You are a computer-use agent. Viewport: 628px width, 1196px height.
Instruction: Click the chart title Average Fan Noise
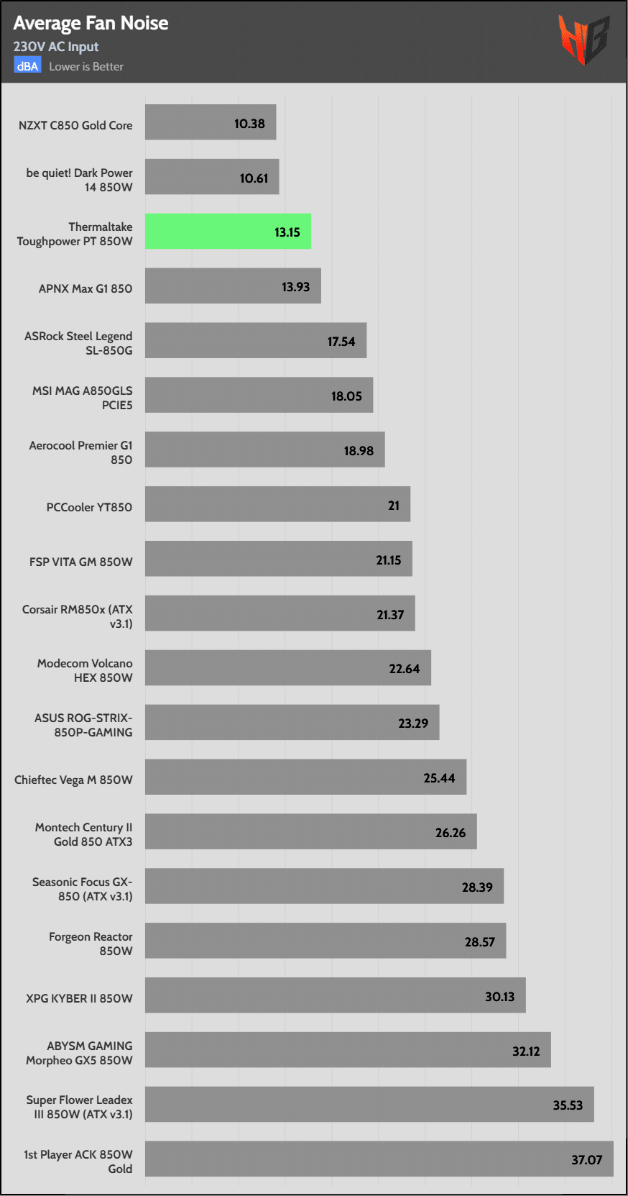tap(91, 23)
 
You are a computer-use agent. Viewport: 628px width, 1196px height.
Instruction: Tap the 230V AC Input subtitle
tap(56, 47)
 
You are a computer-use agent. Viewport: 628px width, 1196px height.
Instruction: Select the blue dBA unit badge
tap(27, 66)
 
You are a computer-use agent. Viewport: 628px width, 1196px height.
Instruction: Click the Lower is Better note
tap(86, 66)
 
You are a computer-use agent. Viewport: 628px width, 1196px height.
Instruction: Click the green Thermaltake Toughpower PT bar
tap(228, 232)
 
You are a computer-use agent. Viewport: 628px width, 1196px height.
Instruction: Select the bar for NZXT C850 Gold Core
tap(211, 122)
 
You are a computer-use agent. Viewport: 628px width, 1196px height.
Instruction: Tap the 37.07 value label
tap(586, 1159)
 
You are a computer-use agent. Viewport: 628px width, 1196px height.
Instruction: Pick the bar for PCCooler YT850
tap(277, 504)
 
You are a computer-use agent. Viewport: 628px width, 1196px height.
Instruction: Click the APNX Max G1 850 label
tap(86, 288)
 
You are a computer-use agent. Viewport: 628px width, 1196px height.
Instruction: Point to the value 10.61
tap(254, 178)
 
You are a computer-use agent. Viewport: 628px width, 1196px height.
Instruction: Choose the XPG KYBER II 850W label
tap(79, 998)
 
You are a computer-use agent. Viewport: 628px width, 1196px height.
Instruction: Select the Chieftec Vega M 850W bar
tap(305, 777)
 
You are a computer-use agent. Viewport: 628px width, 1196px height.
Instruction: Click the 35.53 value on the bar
tap(568, 1105)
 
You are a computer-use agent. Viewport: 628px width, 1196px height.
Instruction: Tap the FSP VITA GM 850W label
tap(80, 562)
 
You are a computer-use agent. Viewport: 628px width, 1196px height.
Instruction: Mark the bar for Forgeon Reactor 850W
tap(325, 941)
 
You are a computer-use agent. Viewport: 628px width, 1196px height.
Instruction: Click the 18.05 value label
tap(346, 396)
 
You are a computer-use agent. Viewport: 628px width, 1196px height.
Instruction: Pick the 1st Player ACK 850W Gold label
tap(78, 1161)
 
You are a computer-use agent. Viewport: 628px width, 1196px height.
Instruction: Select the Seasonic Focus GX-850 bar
tap(324, 886)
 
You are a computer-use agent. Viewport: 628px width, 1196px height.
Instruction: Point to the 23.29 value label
tap(413, 723)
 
